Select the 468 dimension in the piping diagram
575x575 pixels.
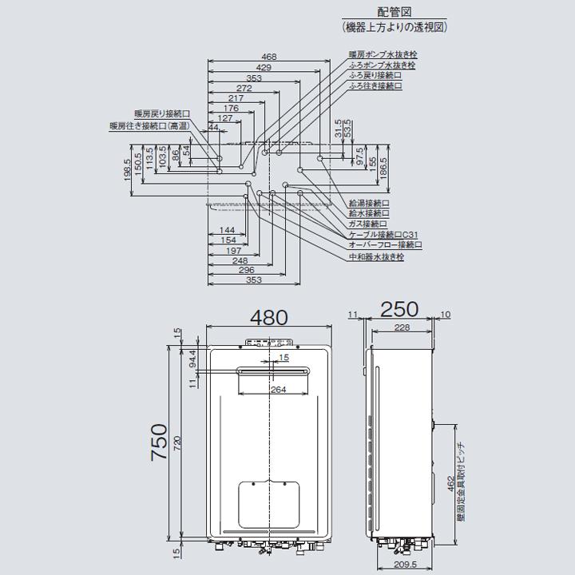pyautogui.click(x=269, y=57)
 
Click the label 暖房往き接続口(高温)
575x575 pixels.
pyautogui.click(x=149, y=126)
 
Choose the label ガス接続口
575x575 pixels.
pyautogui.click(x=368, y=224)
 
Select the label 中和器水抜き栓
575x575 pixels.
pyautogui.click(x=376, y=257)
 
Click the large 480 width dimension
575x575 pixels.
pyautogui.click(x=269, y=317)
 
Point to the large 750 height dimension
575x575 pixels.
pyautogui.click(x=160, y=442)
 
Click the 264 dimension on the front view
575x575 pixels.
pyautogui.click(x=278, y=390)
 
